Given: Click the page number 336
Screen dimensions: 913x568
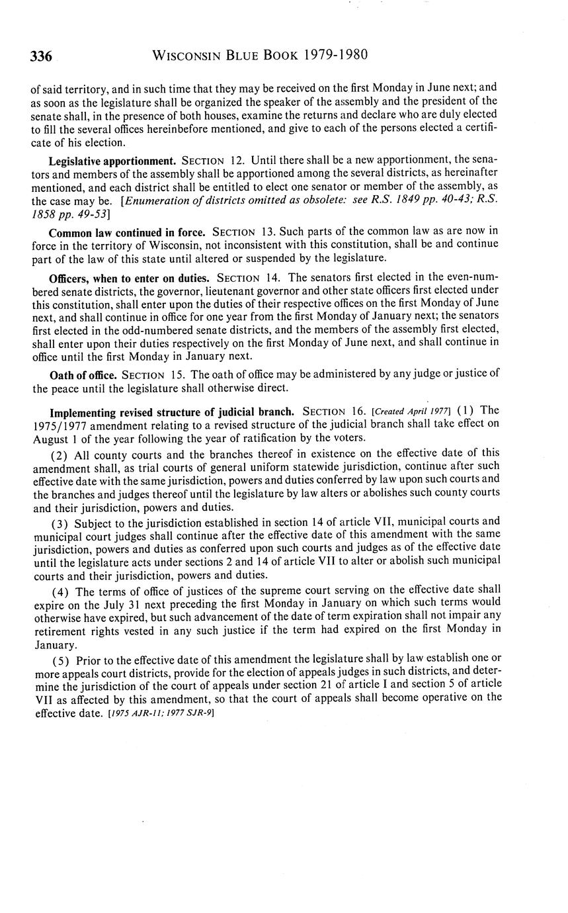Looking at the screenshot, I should (x=41, y=56).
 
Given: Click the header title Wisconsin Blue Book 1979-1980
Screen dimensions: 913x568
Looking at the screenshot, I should (x=260, y=55).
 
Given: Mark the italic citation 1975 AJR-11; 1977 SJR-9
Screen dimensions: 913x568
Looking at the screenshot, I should (x=161, y=714).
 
